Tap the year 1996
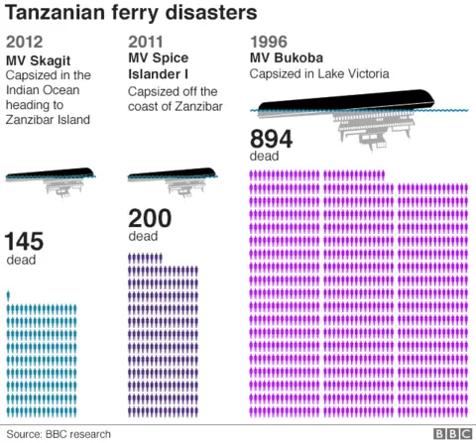point(270,42)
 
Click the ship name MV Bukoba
point(286,57)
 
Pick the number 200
point(150,219)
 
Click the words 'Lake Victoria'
point(356,73)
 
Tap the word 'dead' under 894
point(265,157)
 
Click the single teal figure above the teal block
point(9,295)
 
